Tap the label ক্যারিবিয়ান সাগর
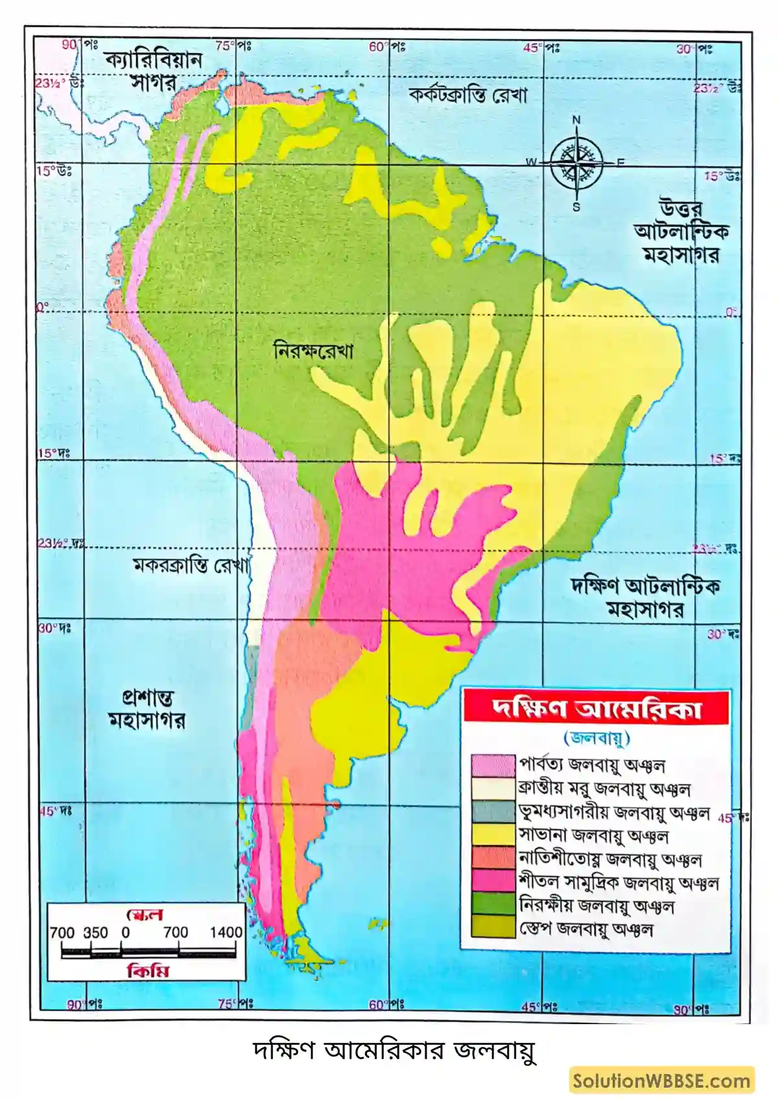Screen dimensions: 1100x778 [154, 70]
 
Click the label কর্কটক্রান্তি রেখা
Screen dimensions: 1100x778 [468, 95]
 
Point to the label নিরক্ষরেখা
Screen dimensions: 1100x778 [314, 351]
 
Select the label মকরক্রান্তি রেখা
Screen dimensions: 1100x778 [191, 565]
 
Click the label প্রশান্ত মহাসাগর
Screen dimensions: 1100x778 [147, 709]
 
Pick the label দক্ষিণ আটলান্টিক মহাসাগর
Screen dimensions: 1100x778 [645, 597]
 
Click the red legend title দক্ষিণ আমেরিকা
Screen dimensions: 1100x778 [596, 708]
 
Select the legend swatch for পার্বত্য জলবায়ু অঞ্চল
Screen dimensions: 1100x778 [493, 766]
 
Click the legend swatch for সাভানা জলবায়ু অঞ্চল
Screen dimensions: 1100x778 [493, 835]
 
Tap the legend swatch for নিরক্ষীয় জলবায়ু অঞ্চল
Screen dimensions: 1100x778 [493, 904]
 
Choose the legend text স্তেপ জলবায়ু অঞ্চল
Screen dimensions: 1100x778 [586, 929]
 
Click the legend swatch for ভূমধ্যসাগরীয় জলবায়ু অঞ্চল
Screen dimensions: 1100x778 [493, 812]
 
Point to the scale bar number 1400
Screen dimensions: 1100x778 [225, 932]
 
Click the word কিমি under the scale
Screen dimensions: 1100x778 [148, 971]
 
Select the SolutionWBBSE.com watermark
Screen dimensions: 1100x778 [661, 1081]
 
